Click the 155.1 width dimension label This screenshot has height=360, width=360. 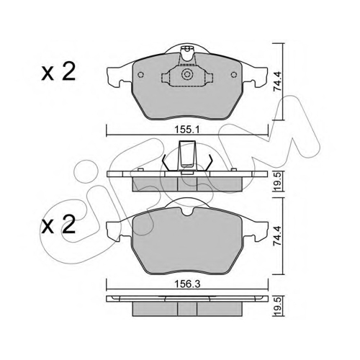[187, 130]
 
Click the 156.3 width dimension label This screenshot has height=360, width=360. [187, 284]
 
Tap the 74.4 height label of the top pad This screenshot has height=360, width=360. [278, 81]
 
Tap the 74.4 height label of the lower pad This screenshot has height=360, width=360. [278, 235]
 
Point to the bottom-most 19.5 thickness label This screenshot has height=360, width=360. [278, 306]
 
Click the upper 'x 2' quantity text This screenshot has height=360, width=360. [58, 71]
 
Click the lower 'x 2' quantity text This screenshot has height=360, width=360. [58, 225]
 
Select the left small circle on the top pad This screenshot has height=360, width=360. [140, 75]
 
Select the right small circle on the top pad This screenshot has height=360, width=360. [234, 75]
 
